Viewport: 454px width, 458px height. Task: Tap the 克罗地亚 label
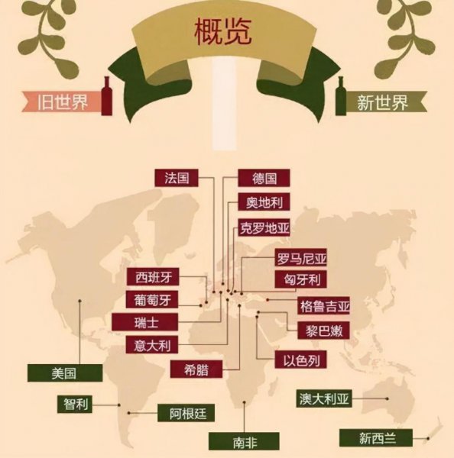(264, 227)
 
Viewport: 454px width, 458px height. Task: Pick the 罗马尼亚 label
(301, 260)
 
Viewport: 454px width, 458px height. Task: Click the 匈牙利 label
(301, 279)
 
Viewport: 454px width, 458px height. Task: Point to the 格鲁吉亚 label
(324, 307)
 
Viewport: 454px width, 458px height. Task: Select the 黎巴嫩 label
(313, 331)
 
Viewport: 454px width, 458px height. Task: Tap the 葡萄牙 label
(152, 299)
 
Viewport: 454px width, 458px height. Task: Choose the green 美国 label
(65, 373)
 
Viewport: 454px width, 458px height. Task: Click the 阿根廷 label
(187, 414)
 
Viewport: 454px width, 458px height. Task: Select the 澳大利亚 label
(324, 399)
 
